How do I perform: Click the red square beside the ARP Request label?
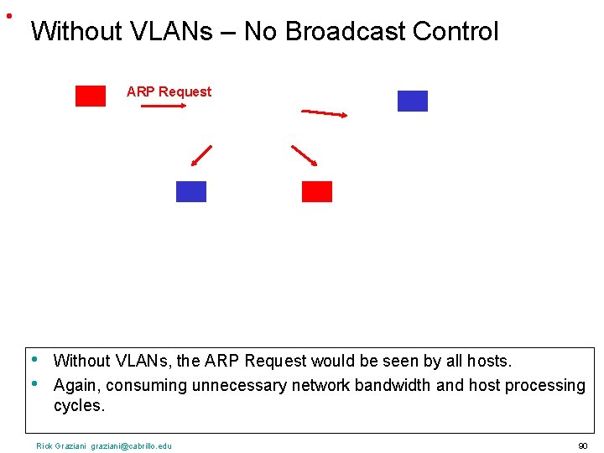pos(91,96)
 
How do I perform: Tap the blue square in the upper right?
pos(412,101)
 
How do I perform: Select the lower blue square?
pos(190,191)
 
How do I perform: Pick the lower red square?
pos(316,191)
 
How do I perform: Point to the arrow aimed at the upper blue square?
pos(325,113)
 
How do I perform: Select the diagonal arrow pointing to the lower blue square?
pos(200,156)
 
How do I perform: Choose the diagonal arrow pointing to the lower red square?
pos(304,157)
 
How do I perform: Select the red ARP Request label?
pos(169,91)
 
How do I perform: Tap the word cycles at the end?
pos(79,406)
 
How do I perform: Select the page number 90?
pos(582,445)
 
